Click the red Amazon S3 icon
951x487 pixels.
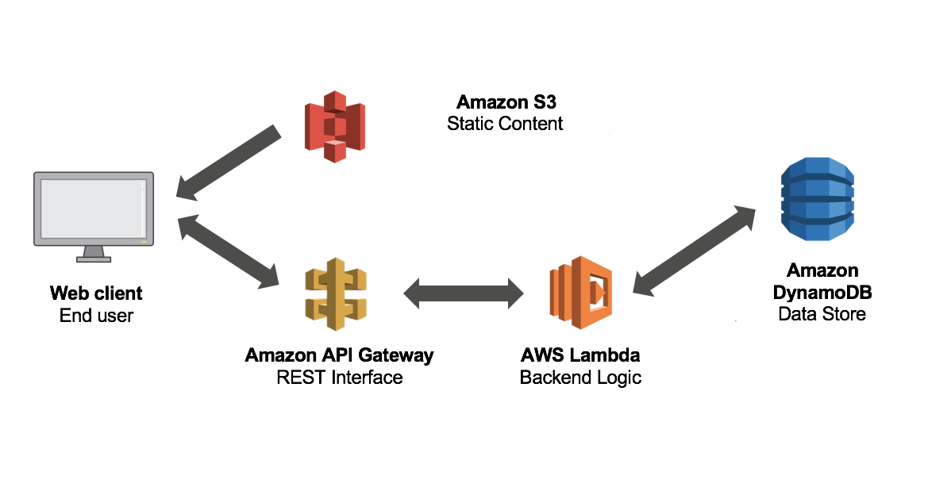pos(333,125)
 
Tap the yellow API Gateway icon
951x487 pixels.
pos(336,293)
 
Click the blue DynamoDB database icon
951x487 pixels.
pos(817,198)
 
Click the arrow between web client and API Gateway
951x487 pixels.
pos(229,250)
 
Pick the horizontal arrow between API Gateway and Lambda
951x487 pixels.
pos(464,293)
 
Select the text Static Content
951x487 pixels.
pos(505,124)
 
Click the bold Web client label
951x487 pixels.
pos(96,293)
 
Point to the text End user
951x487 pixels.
pos(96,316)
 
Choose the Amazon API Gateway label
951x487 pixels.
pos(340,355)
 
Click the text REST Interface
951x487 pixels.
pos(340,378)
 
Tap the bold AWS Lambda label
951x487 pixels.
pos(580,355)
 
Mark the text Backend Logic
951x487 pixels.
pos(580,378)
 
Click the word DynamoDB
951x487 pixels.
pos(822,293)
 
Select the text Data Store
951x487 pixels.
pos(822,314)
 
